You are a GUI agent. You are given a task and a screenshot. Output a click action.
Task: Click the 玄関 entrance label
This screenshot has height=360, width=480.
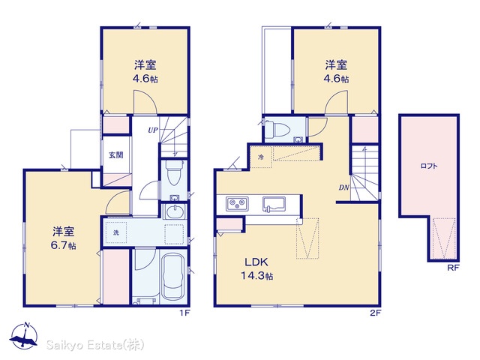point(116,155)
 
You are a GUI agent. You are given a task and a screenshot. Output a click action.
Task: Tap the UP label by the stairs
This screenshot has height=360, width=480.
point(153,130)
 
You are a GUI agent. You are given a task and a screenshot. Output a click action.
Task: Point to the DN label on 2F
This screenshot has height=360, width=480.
point(343,187)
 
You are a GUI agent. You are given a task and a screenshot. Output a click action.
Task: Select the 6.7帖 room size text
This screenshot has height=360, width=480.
point(63,245)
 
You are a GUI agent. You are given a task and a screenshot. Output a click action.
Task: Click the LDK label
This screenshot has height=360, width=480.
point(256,262)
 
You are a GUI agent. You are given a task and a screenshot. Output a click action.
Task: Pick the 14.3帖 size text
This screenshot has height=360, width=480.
point(256,276)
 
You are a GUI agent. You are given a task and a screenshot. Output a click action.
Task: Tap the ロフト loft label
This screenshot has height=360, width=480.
point(429,166)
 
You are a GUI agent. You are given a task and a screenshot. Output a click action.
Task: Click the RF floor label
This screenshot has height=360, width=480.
point(453,268)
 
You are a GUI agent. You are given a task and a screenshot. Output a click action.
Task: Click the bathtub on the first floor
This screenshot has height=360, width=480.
point(173,277)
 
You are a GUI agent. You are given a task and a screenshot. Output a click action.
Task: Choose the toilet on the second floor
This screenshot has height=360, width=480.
point(277,130)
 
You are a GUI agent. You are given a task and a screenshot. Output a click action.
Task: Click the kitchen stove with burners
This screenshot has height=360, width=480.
point(237,204)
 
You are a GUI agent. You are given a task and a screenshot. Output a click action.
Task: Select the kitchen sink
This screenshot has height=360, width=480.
point(274,204)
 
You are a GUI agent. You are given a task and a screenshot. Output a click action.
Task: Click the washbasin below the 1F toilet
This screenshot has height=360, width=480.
point(174,211)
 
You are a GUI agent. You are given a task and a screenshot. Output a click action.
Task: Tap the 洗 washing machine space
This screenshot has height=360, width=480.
point(116,232)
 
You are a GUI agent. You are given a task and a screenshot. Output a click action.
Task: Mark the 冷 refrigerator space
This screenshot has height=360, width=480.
point(261,157)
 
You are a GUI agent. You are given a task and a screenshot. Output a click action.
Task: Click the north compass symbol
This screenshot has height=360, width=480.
point(24,335)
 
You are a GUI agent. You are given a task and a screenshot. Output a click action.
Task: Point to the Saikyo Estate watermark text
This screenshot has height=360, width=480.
point(95,345)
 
